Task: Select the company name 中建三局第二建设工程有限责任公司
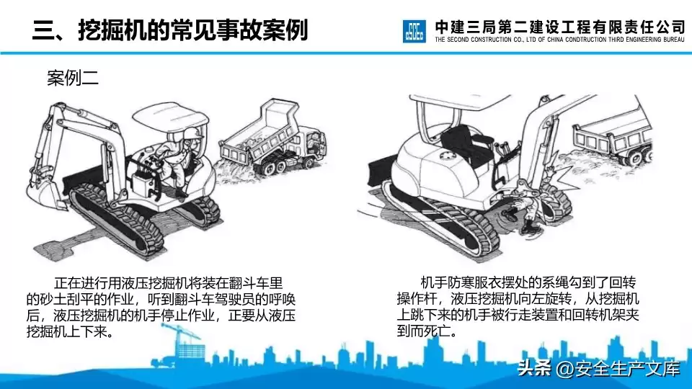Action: tap(559, 27)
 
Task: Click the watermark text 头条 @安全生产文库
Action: tap(598, 369)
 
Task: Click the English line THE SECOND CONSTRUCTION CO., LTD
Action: tap(559, 41)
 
